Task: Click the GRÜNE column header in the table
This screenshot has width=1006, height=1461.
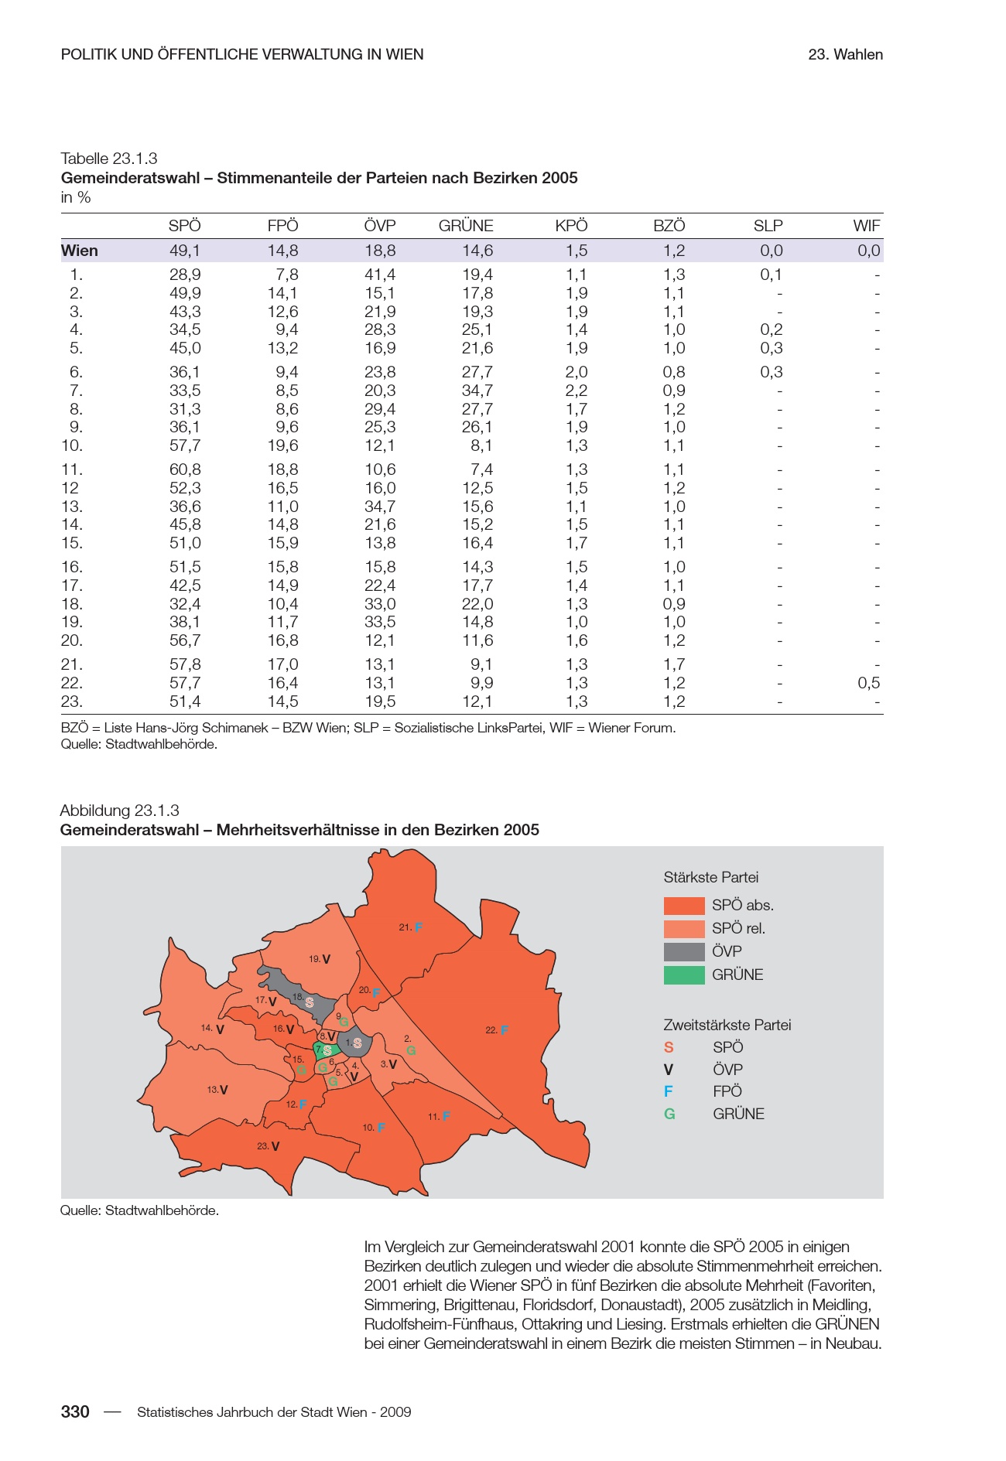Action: (x=465, y=226)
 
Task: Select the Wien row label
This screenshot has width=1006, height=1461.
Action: (x=80, y=251)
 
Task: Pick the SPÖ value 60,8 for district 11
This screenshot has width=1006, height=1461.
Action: (x=185, y=469)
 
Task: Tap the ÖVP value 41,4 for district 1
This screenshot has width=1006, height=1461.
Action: (x=380, y=275)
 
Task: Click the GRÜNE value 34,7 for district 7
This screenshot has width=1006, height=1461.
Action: (x=477, y=391)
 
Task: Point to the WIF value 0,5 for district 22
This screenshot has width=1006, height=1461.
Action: (x=868, y=683)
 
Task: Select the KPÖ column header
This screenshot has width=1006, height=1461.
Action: (x=571, y=226)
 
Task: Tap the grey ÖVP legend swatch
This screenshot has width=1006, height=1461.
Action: (x=684, y=952)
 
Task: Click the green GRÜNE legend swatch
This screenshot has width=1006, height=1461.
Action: (x=684, y=975)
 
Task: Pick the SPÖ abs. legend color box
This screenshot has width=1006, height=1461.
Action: (x=684, y=906)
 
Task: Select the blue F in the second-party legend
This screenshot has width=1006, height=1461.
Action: (x=669, y=1091)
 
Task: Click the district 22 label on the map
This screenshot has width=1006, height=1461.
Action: (x=491, y=1030)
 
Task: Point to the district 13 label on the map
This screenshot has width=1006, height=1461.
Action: (x=213, y=1090)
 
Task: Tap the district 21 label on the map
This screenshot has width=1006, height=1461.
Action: (x=405, y=927)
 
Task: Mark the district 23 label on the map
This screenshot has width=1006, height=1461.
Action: (x=263, y=1146)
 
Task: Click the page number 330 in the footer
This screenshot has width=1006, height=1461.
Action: (x=75, y=1412)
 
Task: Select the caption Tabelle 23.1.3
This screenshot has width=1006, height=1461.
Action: (x=109, y=159)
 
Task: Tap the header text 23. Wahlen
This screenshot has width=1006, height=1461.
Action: (x=845, y=55)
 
